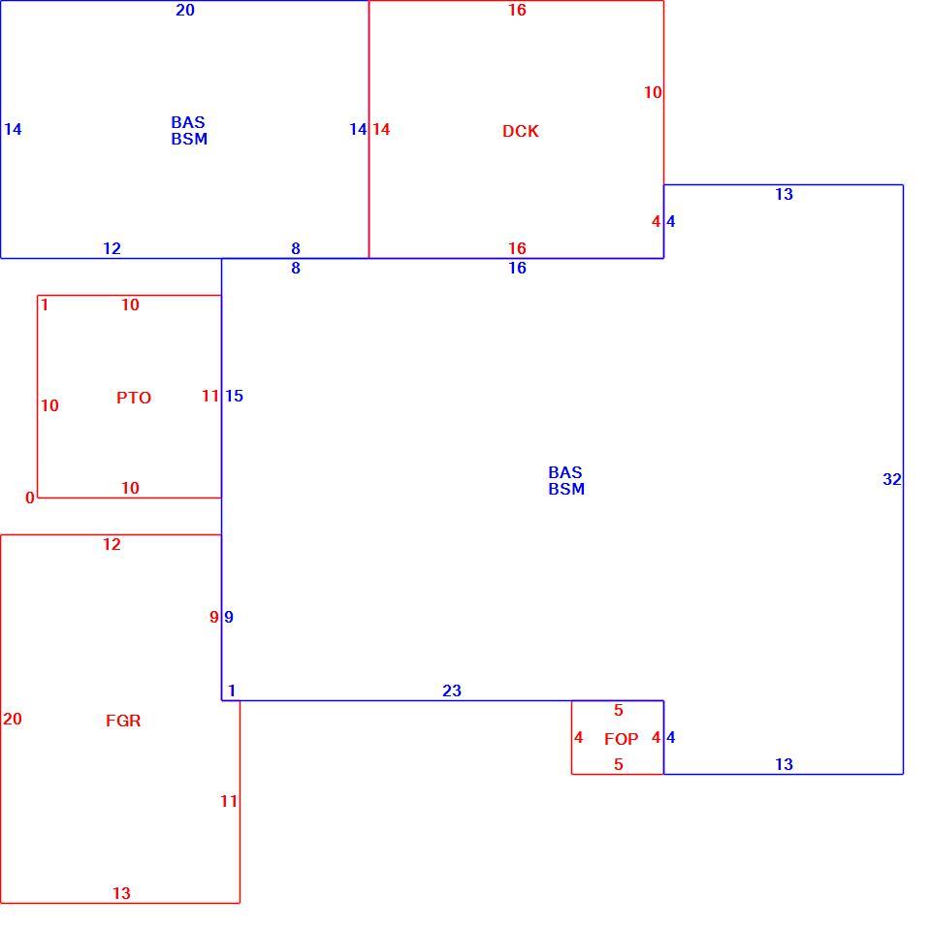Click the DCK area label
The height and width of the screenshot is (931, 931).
[521, 131]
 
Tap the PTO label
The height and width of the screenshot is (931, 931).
[134, 398]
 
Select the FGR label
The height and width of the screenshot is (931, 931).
[123, 721]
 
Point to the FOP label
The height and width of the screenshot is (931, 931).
[621, 739]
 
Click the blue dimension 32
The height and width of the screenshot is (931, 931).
[892, 479]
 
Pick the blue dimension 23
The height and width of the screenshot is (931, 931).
[452, 690]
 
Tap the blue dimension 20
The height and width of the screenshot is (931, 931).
[185, 10]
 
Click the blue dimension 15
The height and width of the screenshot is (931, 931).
[234, 396]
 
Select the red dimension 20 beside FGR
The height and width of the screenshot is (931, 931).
[13, 719]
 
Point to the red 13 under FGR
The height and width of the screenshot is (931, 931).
[121, 893]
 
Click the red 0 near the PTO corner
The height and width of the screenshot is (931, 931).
[30, 498]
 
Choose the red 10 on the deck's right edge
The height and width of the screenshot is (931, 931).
[653, 93]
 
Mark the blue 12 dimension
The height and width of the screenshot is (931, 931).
[112, 248]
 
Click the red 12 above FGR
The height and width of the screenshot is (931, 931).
[112, 544]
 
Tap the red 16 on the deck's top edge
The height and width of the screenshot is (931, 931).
[517, 10]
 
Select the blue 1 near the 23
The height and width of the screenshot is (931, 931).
[232, 690]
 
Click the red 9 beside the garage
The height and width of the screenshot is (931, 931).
[213, 617]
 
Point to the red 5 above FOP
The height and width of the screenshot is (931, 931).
[619, 710]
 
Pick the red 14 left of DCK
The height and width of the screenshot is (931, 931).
[381, 129]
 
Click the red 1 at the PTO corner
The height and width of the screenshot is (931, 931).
[45, 305]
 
